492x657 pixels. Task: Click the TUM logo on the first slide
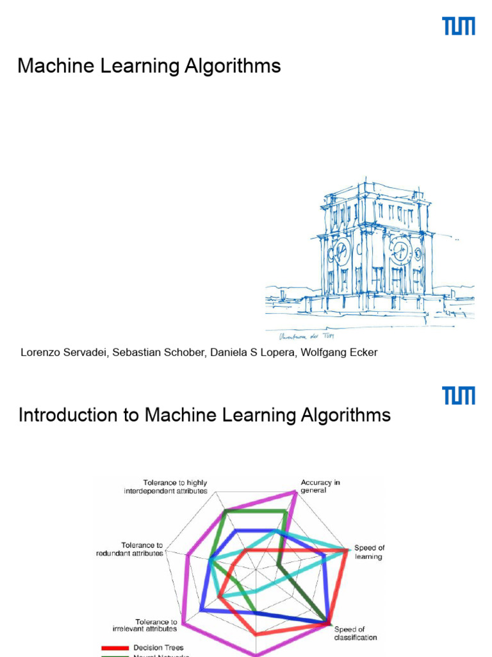tap(459, 26)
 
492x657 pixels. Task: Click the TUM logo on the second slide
tap(459, 395)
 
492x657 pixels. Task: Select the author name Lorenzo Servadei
tap(63, 352)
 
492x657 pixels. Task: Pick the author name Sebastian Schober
tap(158, 352)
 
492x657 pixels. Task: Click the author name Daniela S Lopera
tap(250, 352)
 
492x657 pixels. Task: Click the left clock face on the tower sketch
tap(341, 252)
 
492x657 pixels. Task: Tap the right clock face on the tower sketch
tap(402, 251)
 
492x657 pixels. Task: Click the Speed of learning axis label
tap(369, 552)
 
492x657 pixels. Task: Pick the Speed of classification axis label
tap(355, 633)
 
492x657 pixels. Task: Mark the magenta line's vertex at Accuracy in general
tap(296, 492)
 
